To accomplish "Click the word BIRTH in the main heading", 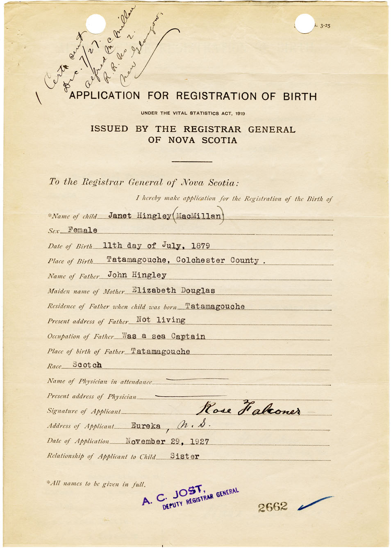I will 300,97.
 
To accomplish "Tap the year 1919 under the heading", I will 240,113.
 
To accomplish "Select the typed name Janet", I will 120,216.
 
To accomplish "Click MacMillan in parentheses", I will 199,216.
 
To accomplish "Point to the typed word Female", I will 83,230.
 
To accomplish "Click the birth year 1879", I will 200,246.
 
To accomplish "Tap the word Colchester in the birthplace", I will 200,260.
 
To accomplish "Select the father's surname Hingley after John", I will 149,275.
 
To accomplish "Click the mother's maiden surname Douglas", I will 198,290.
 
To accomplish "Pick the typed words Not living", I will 161,320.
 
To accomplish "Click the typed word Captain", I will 188,336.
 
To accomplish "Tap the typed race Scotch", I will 87,365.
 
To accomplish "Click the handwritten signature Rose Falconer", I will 248,408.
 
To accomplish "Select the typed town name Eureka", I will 145,426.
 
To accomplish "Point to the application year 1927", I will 200,442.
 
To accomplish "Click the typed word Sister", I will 184,456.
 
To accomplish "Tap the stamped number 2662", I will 273,507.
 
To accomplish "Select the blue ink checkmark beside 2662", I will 315,503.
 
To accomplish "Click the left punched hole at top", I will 96,24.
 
